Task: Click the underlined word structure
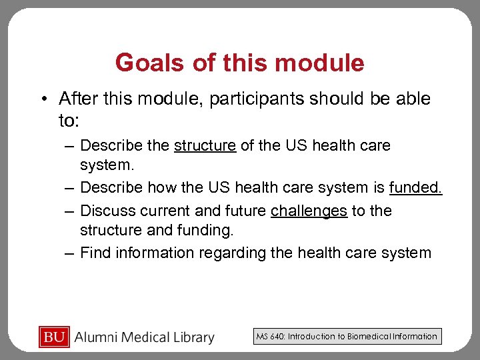click(x=205, y=145)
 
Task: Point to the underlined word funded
click(x=415, y=188)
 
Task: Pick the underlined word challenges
click(x=309, y=211)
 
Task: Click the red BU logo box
click(x=55, y=337)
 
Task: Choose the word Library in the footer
click(x=193, y=337)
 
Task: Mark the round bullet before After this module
click(x=42, y=99)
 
